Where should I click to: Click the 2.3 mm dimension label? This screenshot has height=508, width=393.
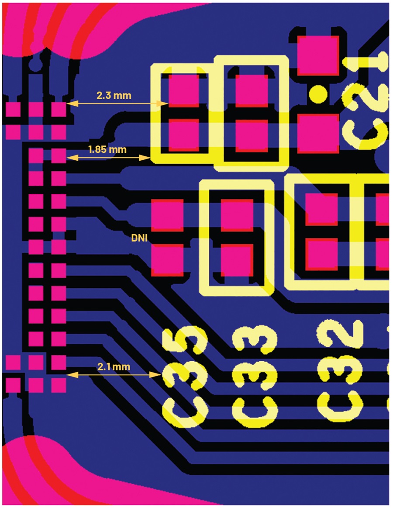(114, 95)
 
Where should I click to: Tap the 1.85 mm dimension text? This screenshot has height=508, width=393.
(107, 149)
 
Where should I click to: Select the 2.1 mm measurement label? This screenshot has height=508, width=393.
(114, 367)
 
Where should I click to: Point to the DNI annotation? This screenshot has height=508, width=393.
(139, 238)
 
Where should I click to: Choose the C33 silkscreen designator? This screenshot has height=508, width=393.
(255, 377)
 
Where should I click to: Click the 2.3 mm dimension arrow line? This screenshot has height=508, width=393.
(117, 104)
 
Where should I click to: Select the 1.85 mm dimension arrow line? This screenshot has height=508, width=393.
(109, 158)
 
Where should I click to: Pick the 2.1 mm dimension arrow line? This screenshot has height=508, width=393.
(114, 375)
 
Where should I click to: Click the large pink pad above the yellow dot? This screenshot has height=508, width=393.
(318, 55)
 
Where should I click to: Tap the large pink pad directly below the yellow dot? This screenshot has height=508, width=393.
(318, 133)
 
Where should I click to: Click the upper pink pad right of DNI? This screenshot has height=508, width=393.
(168, 215)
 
